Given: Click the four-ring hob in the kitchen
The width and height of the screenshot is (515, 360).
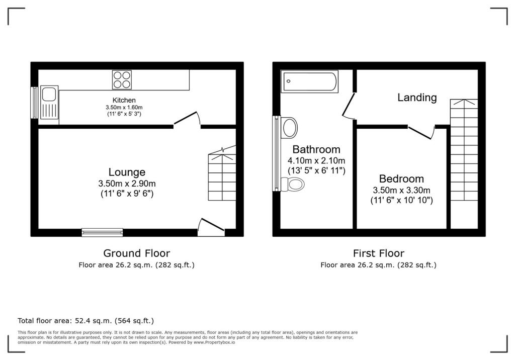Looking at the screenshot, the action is point(122,79).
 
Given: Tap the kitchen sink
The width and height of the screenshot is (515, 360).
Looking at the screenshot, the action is point(49,102).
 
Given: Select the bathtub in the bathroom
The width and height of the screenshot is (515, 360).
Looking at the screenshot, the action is point(309,81).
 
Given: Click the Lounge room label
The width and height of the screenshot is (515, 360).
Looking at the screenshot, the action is point(127,172).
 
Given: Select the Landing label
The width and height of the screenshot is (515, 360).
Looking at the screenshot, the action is point(417,98).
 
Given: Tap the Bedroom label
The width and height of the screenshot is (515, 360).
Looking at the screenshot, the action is point(401,178).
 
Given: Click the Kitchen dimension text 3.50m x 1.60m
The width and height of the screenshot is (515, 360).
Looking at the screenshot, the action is point(124,108).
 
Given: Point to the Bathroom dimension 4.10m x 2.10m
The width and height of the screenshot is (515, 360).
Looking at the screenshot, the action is point(316,160).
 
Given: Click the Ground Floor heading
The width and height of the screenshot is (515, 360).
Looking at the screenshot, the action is point(137,253).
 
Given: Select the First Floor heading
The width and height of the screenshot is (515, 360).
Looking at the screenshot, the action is point(379,253).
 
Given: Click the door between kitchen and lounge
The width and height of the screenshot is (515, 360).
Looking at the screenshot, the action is point(187,119).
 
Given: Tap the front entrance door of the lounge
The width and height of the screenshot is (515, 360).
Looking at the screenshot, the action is point(211,227).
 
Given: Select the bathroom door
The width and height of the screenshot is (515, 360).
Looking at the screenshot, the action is point(349,106).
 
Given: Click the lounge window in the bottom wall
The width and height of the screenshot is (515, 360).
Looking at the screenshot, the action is point(103,232).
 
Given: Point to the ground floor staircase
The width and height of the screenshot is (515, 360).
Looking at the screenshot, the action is point(222,173).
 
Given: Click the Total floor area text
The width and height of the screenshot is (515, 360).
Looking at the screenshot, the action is point(85,321).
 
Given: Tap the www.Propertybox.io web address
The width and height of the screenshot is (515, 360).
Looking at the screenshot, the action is point(214,342).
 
